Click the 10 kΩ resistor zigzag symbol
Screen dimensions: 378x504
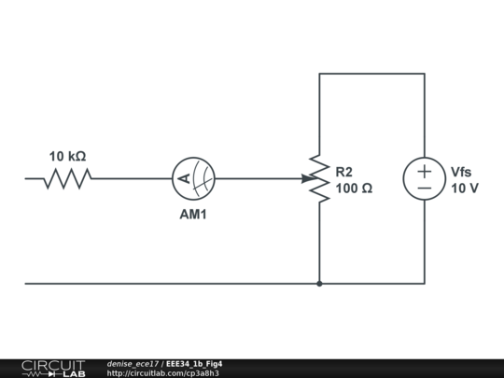(x=67, y=178)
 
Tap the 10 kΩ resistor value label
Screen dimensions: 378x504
(x=68, y=156)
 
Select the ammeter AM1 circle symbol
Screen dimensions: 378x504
(x=193, y=178)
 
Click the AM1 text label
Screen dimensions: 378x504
(x=193, y=213)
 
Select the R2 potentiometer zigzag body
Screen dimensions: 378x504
(x=319, y=178)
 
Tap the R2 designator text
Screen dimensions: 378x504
(x=344, y=172)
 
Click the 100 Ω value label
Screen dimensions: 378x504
(x=354, y=188)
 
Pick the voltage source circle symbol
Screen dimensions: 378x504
(x=424, y=178)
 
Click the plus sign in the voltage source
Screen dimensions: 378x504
(x=424, y=170)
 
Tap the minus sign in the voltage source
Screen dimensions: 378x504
(x=424, y=189)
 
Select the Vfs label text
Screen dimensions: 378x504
(x=462, y=172)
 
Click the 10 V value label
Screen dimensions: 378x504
(x=464, y=188)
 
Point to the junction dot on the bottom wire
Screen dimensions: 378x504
(x=319, y=283)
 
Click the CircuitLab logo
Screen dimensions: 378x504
(x=52, y=368)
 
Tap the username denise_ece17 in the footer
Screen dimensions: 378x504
(x=133, y=363)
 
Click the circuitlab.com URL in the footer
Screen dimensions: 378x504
(x=162, y=373)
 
